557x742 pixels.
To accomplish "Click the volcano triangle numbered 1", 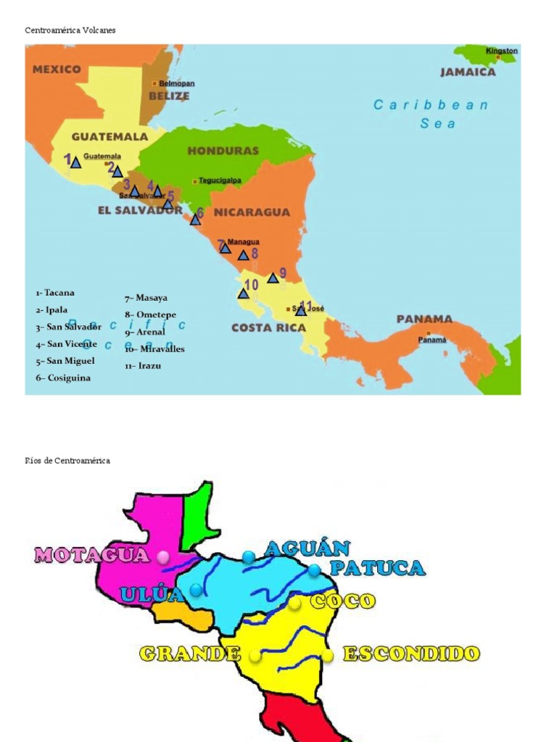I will [x=75, y=163].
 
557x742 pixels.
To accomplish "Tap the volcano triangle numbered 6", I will [x=195, y=220].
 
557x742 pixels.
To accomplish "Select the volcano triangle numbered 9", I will [x=273, y=278].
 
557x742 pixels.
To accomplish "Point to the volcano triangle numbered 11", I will [x=301, y=311].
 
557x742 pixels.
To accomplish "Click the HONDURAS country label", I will [x=223, y=151].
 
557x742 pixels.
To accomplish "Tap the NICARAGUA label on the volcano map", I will [x=252, y=212].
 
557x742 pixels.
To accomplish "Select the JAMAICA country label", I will [x=468, y=72].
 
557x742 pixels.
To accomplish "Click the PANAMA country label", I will [x=424, y=319].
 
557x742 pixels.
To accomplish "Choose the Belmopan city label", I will [x=176, y=83].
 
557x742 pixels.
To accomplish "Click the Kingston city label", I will [x=501, y=51].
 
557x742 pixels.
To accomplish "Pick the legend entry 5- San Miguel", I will [x=65, y=361].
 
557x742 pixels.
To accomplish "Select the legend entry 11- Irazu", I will [x=143, y=366].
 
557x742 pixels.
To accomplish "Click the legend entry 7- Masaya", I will [x=146, y=298].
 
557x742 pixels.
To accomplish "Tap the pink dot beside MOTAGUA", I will [x=163, y=556].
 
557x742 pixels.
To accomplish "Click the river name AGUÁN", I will [x=307, y=549].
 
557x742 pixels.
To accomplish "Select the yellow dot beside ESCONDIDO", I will [x=328, y=655].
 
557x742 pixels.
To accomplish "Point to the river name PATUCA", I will [x=376, y=568].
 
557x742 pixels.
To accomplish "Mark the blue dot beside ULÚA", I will [x=196, y=590].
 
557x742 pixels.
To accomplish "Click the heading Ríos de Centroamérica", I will [x=67, y=461].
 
